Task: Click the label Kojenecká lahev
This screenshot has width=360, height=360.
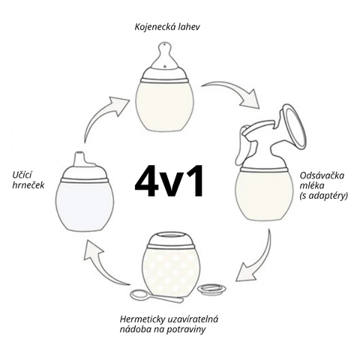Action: (x=167, y=27)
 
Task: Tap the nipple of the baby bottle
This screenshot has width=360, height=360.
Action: (x=164, y=56)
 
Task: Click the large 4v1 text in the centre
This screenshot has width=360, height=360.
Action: (x=169, y=180)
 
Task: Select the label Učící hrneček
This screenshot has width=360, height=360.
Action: (x=28, y=180)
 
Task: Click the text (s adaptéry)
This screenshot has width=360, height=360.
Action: (x=324, y=196)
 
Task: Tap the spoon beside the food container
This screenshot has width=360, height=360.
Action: (x=156, y=296)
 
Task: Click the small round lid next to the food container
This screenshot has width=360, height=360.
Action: (x=211, y=289)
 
